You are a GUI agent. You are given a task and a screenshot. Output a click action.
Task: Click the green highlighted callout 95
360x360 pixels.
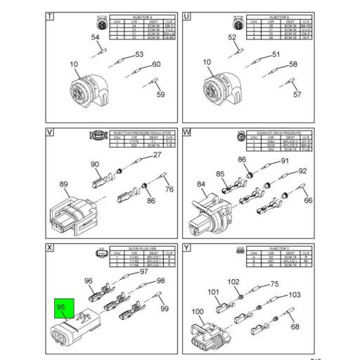[x=60, y=307]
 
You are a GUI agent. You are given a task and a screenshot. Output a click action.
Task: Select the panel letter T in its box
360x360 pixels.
[x=49, y=16]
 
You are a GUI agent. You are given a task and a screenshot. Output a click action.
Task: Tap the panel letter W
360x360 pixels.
[x=187, y=131]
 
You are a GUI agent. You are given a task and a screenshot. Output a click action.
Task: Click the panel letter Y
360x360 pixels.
[x=187, y=248]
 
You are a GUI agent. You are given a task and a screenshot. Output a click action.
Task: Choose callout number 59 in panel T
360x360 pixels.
[x=160, y=94]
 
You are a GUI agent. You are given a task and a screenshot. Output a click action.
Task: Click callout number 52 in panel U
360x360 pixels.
[x=233, y=37]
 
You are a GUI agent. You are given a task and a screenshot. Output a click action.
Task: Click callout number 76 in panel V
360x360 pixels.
[x=169, y=189]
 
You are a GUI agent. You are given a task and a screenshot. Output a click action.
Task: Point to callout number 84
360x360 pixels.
[x=201, y=185]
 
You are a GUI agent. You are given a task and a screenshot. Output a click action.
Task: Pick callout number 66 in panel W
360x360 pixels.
[x=307, y=200]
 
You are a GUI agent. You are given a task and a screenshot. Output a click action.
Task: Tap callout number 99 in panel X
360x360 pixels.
[x=165, y=309]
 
